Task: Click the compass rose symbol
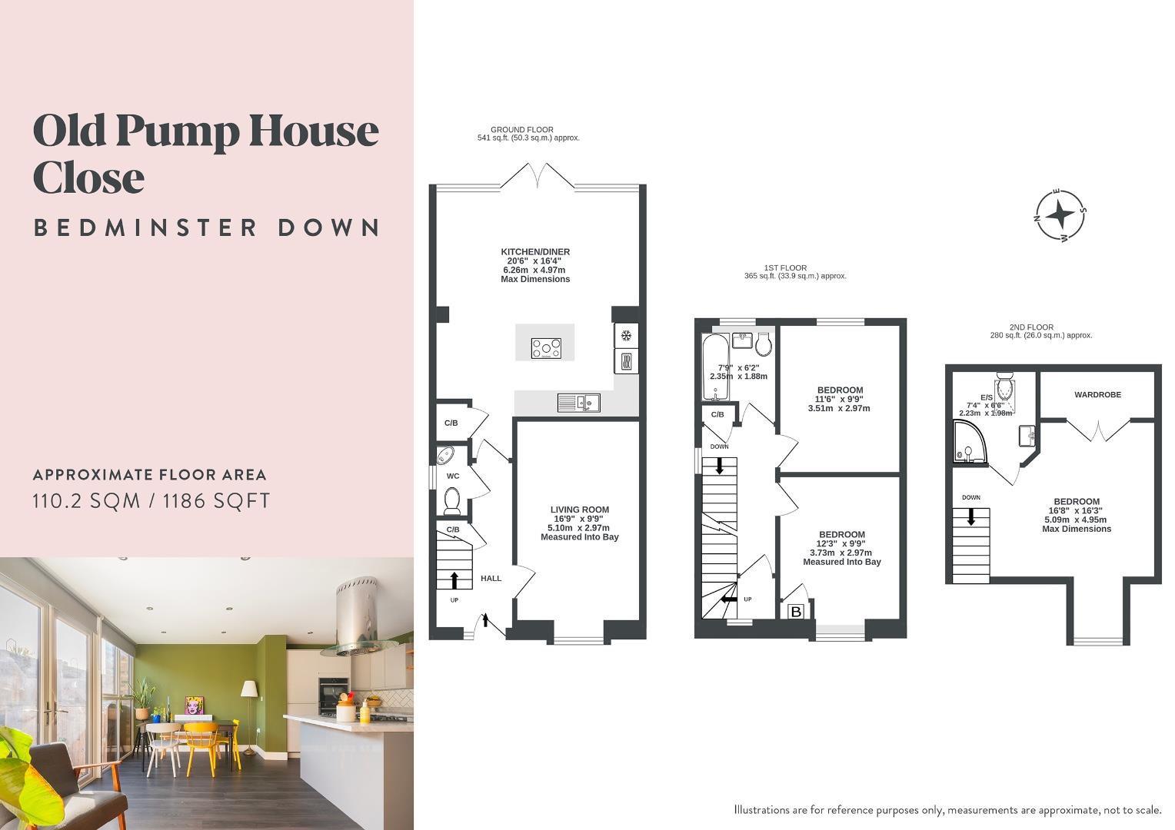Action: click(1061, 214)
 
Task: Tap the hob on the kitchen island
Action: click(546, 348)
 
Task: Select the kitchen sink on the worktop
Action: click(579, 402)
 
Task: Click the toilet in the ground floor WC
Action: click(451, 501)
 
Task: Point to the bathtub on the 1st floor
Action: click(715, 366)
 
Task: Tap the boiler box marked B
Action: click(797, 612)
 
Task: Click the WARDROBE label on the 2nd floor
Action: click(1097, 394)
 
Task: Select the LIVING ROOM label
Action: click(579, 510)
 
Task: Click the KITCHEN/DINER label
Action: click(535, 252)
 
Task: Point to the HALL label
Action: click(491, 578)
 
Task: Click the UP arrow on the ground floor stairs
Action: click(454, 579)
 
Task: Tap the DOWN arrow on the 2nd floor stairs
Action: click(971, 516)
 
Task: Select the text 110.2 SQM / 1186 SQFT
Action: click(151, 501)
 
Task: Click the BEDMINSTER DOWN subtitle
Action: click(207, 227)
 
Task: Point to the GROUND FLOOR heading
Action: click(522, 130)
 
